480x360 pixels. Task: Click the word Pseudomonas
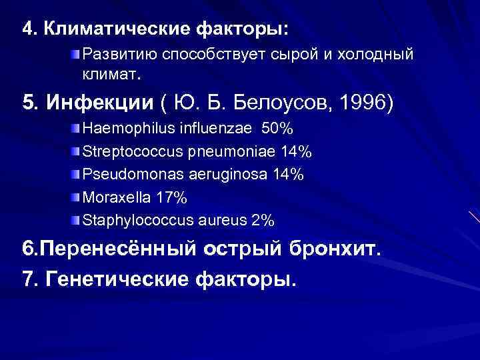click(x=123, y=174)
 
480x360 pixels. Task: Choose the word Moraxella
click(x=110, y=197)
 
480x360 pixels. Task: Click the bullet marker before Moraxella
click(x=77, y=197)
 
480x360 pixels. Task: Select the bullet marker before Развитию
click(x=77, y=53)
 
